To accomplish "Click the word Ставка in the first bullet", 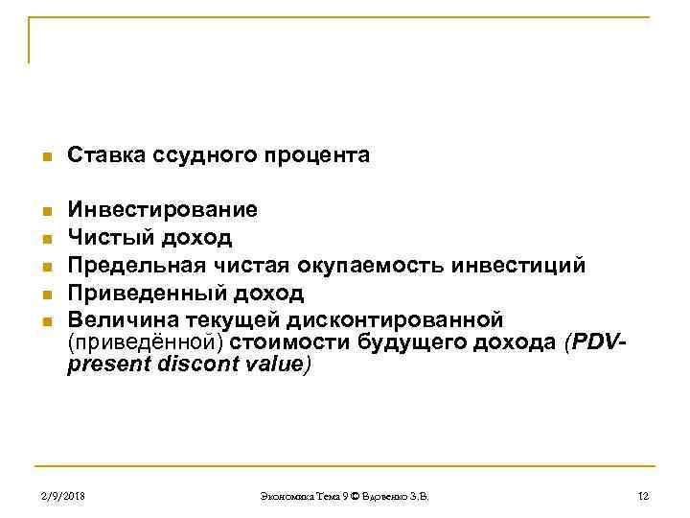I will click(103, 154).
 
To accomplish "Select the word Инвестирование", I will click(162, 209).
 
